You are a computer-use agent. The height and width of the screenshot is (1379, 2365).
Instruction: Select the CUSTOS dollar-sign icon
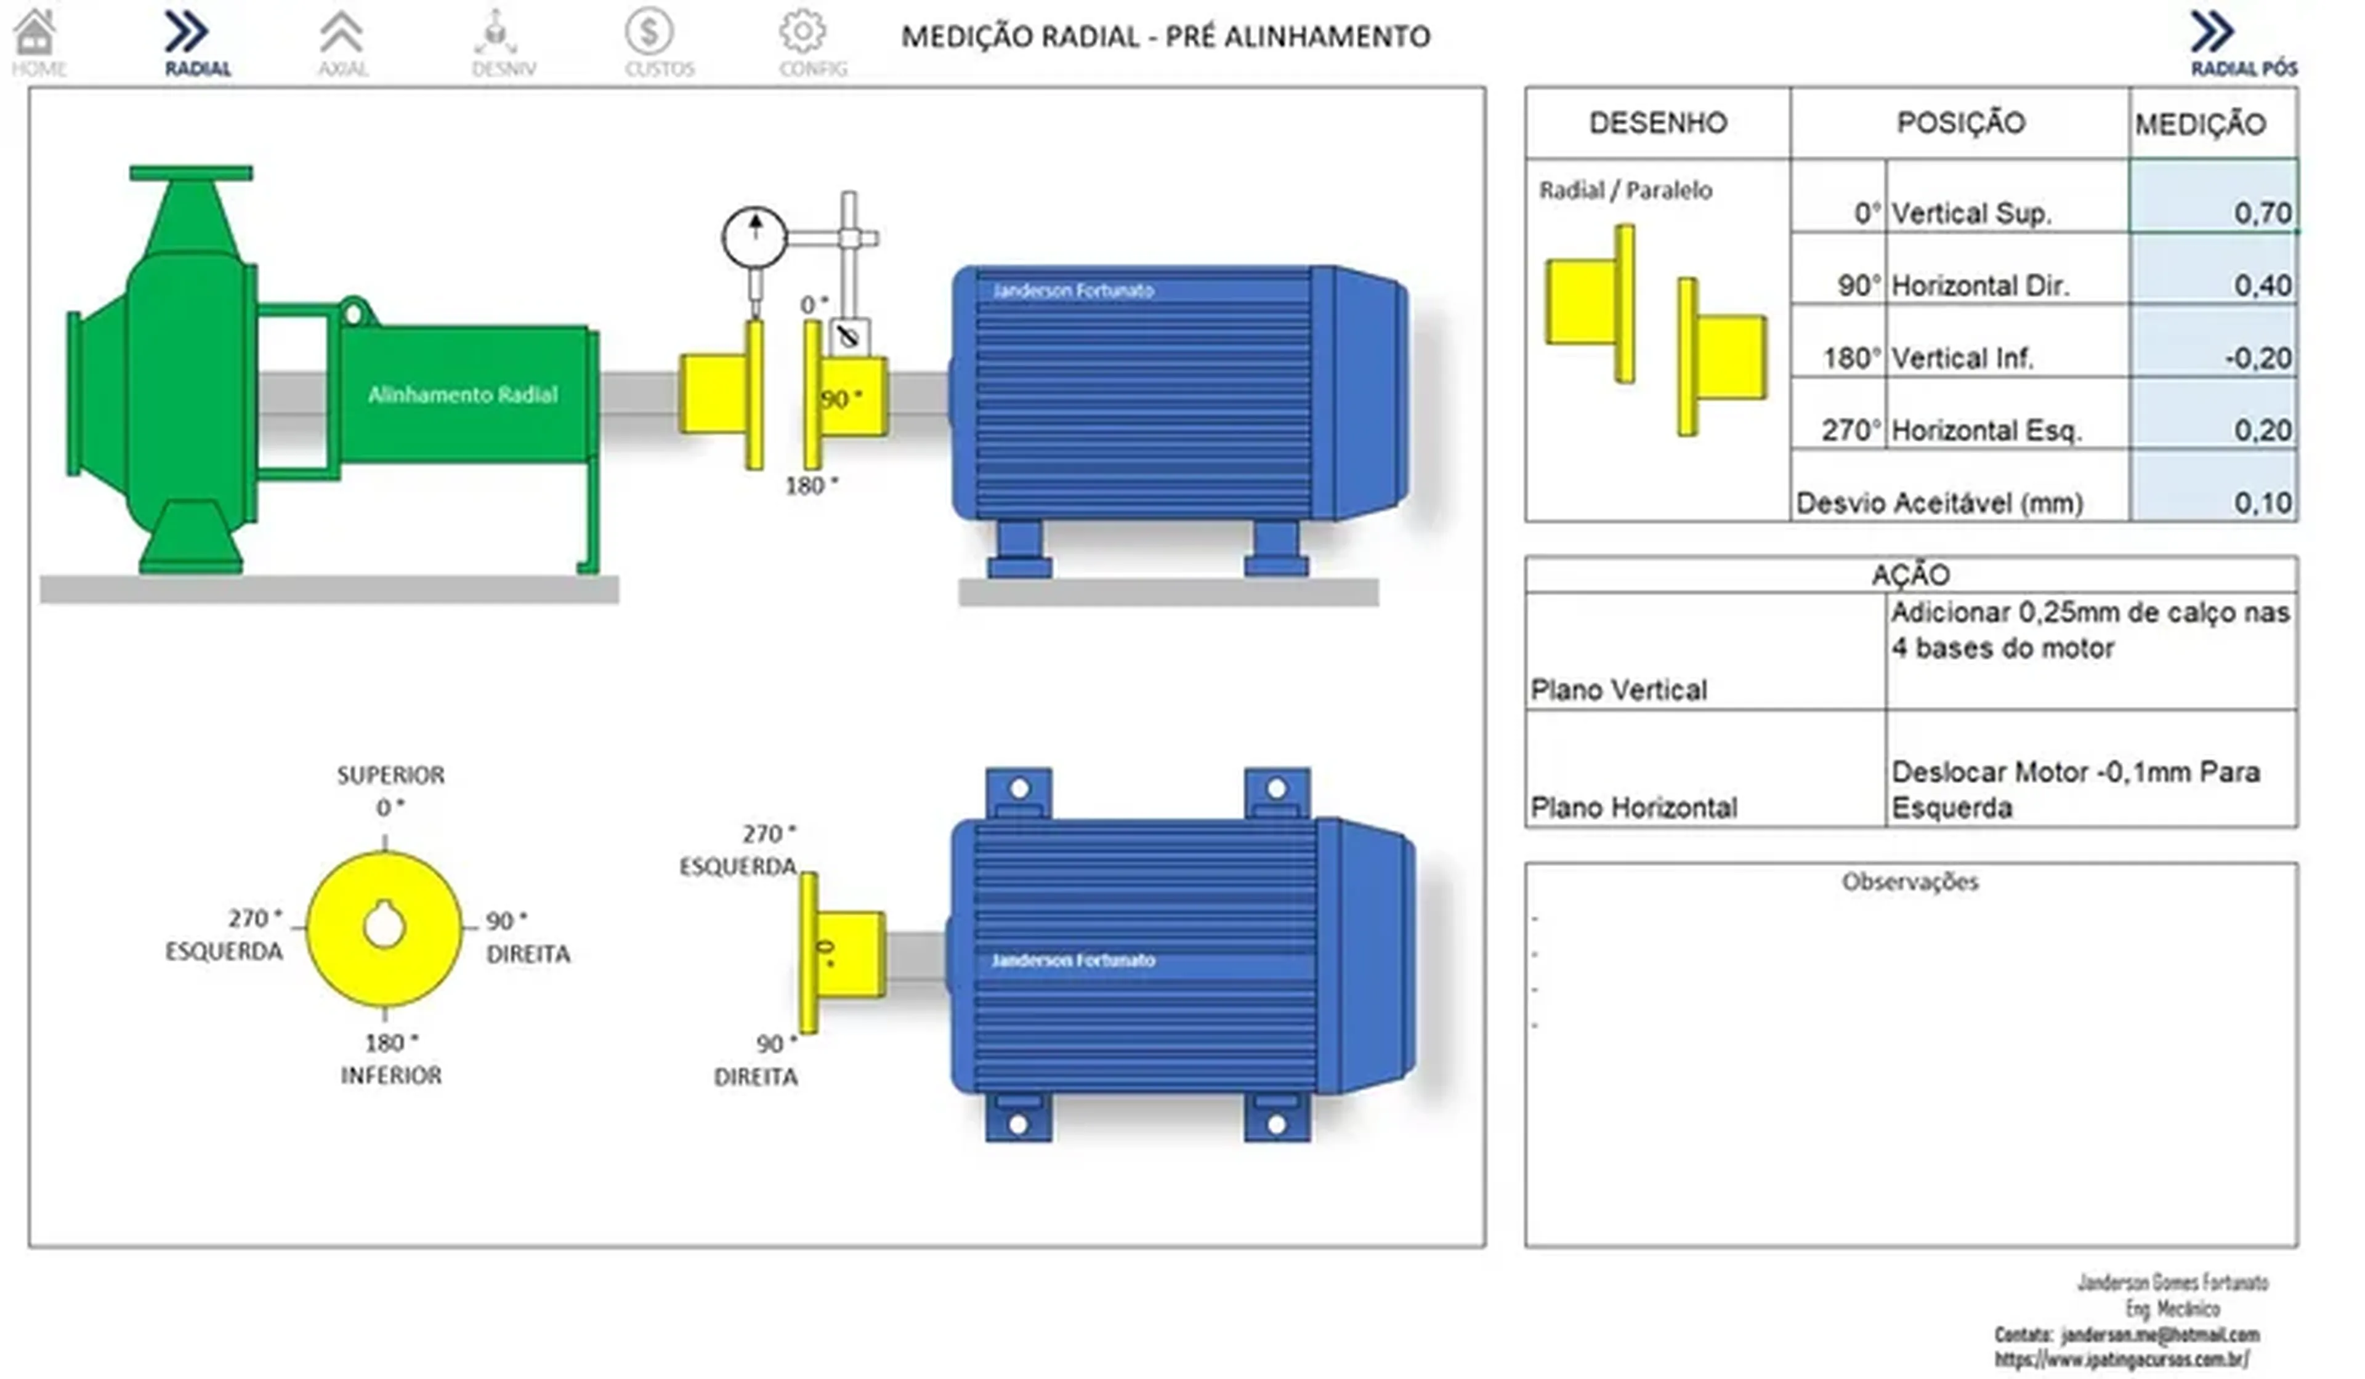tap(649, 34)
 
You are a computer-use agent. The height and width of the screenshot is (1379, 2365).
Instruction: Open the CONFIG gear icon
tap(803, 34)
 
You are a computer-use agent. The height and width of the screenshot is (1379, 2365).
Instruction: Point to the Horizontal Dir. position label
tap(1980, 284)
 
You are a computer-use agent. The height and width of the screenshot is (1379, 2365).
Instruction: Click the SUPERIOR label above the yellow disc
tap(390, 775)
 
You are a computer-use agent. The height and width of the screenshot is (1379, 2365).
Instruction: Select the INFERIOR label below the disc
tap(390, 1075)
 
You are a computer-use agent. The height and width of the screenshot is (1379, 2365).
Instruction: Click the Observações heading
tap(1910, 882)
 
